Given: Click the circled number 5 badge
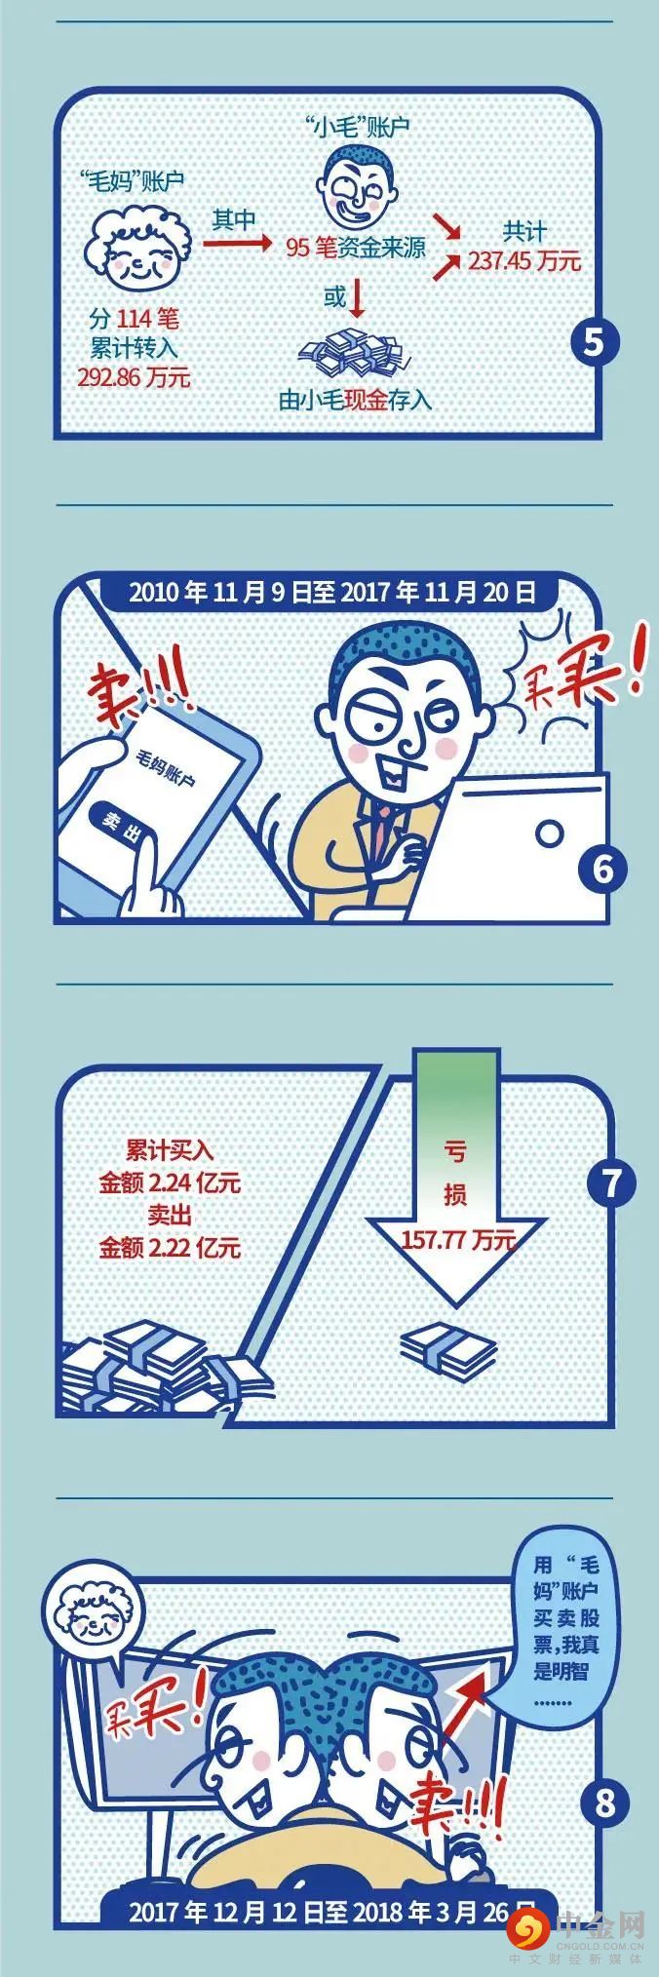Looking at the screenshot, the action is click(596, 344).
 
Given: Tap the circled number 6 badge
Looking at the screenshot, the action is click(603, 868).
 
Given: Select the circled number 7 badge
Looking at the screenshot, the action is click(611, 1183).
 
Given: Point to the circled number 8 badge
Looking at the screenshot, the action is click(604, 1803).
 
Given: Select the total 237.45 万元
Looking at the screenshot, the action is click(524, 261).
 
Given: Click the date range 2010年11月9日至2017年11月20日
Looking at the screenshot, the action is click(332, 592).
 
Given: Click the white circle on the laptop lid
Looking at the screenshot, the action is click(550, 834).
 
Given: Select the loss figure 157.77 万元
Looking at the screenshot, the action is click(458, 1240).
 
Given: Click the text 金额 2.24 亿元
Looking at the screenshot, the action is click(169, 1183).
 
